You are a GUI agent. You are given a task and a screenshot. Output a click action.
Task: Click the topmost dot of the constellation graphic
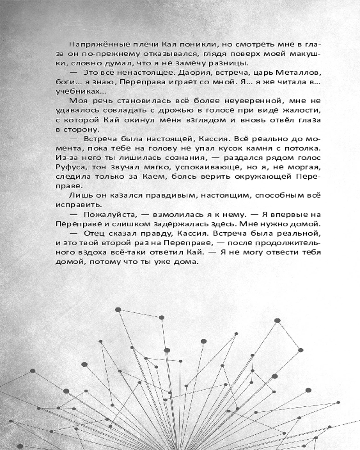118,310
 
